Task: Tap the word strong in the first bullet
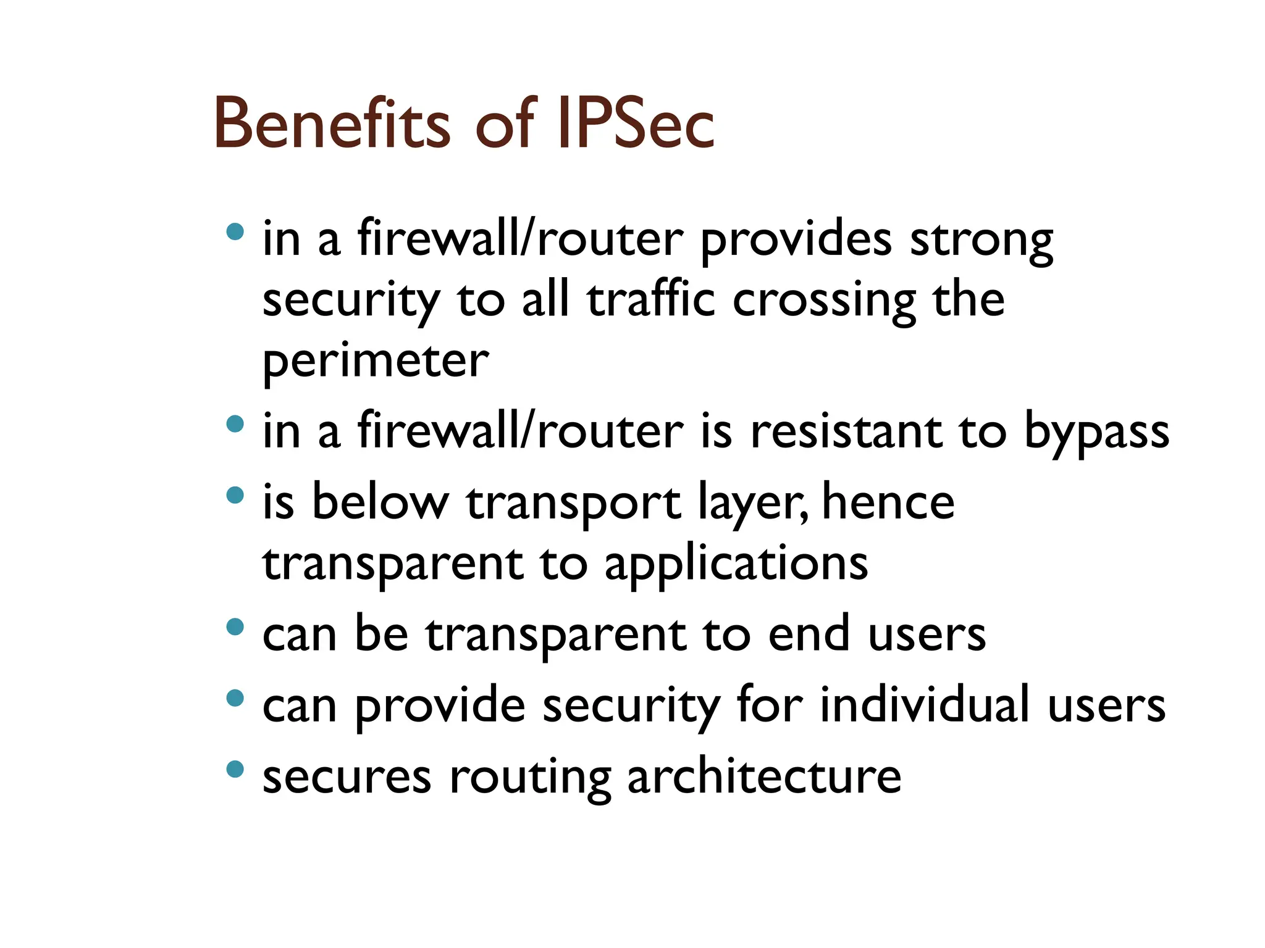tap(981, 241)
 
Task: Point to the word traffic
tap(651, 301)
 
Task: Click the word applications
tap(736, 565)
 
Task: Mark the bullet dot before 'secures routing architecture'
tap(235, 769)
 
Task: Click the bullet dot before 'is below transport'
tap(235, 495)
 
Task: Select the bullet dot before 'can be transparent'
tap(235, 627)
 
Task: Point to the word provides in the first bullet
tap(796, 241)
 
